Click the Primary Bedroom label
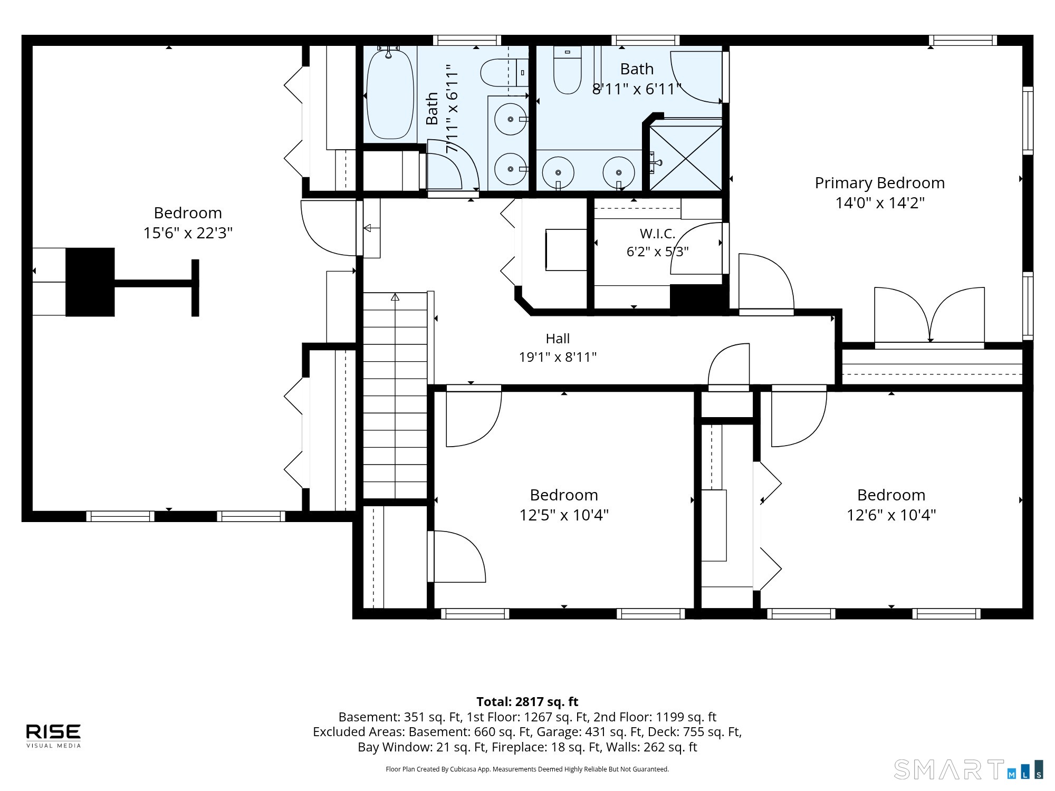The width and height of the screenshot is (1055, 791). click(x=879, y=183)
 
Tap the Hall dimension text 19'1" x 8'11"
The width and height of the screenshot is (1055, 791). click(x=558, y=357)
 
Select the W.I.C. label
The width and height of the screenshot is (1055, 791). click(x=657, y=233)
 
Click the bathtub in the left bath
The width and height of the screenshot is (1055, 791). click(x=390, y=94)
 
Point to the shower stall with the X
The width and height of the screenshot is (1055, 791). click(x=685, y=158)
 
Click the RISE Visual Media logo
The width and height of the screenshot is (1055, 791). click(x=54, y=736)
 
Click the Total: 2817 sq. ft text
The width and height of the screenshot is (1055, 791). click(x=527, y=702)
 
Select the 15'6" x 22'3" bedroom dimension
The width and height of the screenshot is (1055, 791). click(x=188, y=233)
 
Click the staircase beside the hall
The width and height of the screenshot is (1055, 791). click(x=395, y=395)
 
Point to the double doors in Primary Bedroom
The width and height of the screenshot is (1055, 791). click(x=929, y=315)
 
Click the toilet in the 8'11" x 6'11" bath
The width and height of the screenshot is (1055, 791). click(x=567, y=70)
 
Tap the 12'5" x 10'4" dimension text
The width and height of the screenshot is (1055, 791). click(x=564, y=515)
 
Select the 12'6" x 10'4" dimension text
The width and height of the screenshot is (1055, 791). click(x=891, y=515)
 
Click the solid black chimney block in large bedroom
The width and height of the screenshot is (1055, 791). click(x=90, y=282)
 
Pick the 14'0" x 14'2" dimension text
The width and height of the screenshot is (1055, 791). click(x=879, y=202)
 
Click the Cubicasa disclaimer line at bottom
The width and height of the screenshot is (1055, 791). click(x=527, y=769)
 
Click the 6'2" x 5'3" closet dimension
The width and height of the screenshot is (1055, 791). click(x=657, y=252)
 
